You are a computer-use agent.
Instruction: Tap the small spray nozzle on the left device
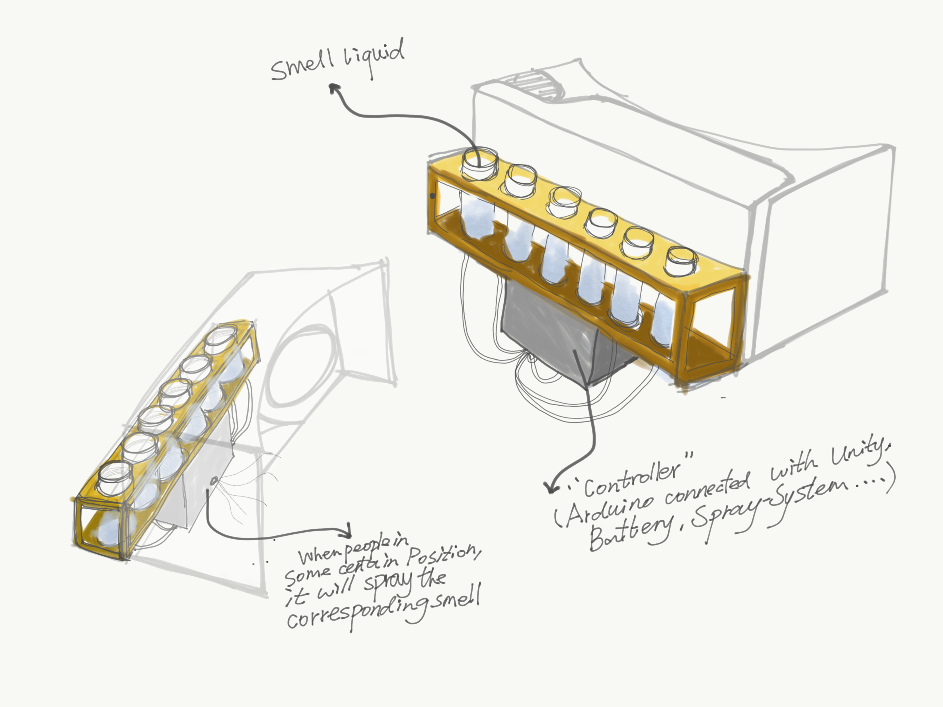(214, 481)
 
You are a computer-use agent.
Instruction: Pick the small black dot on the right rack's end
(433, 196)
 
